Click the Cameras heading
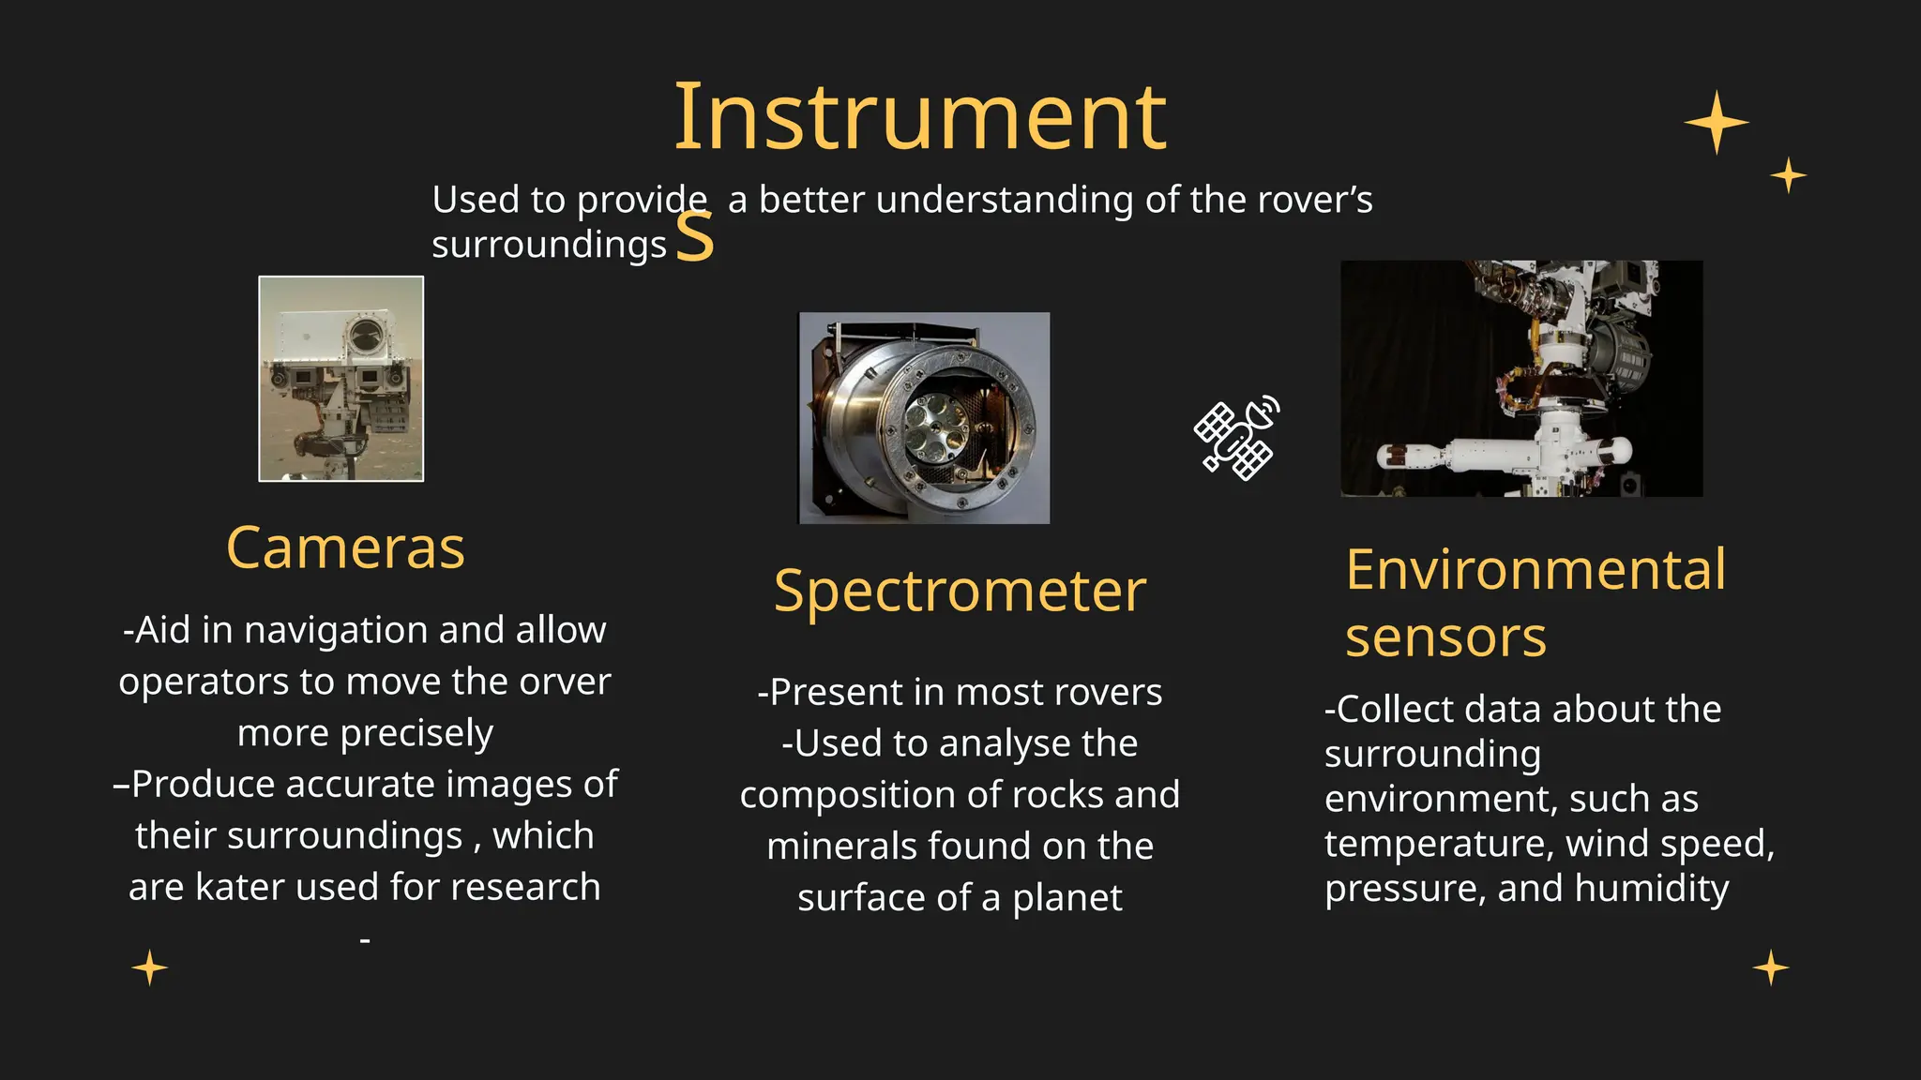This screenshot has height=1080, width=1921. coord(345,548)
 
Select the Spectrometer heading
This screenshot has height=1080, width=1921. coord(960,592)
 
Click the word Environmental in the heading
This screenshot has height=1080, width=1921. coord(1535,569)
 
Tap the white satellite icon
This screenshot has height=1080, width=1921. coord(1237,438)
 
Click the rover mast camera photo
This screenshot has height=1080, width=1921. coord(340,379)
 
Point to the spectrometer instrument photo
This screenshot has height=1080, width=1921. coord(924,418)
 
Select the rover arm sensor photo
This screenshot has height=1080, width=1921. coord(1520,378)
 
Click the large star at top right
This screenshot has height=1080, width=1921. coord(1716,123)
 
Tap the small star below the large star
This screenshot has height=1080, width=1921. coord(1788,175)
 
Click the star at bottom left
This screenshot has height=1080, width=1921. coord(150,967)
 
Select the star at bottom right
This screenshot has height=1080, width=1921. coord(1770,967)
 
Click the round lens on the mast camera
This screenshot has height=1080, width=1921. coord(364,331)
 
